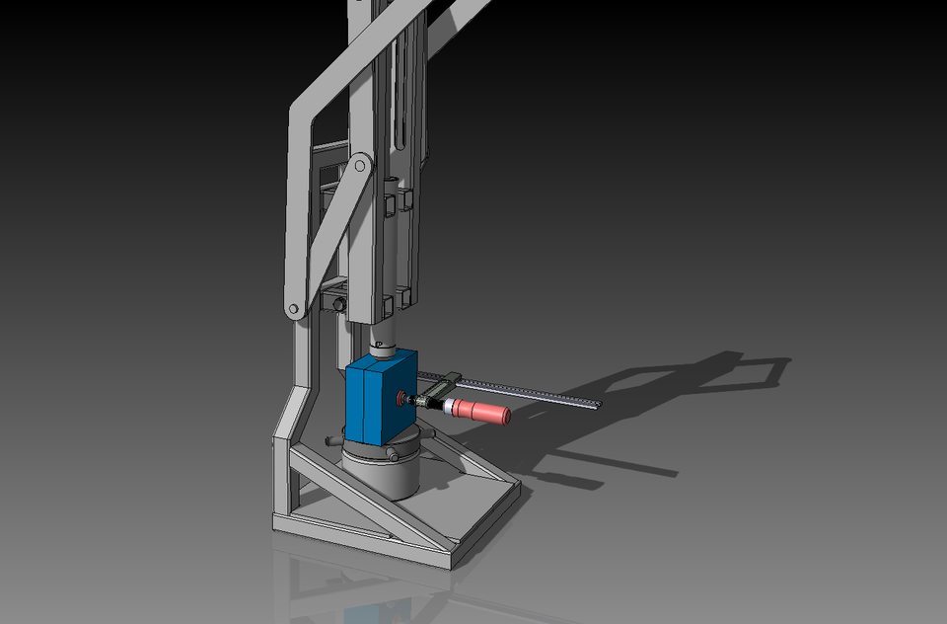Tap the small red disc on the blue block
point(401,399)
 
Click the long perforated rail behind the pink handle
point(533,390)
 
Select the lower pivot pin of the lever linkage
point(292,310)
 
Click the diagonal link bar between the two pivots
point(326,237)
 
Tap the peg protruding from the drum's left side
point(329,437)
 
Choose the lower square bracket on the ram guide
point(401,300)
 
